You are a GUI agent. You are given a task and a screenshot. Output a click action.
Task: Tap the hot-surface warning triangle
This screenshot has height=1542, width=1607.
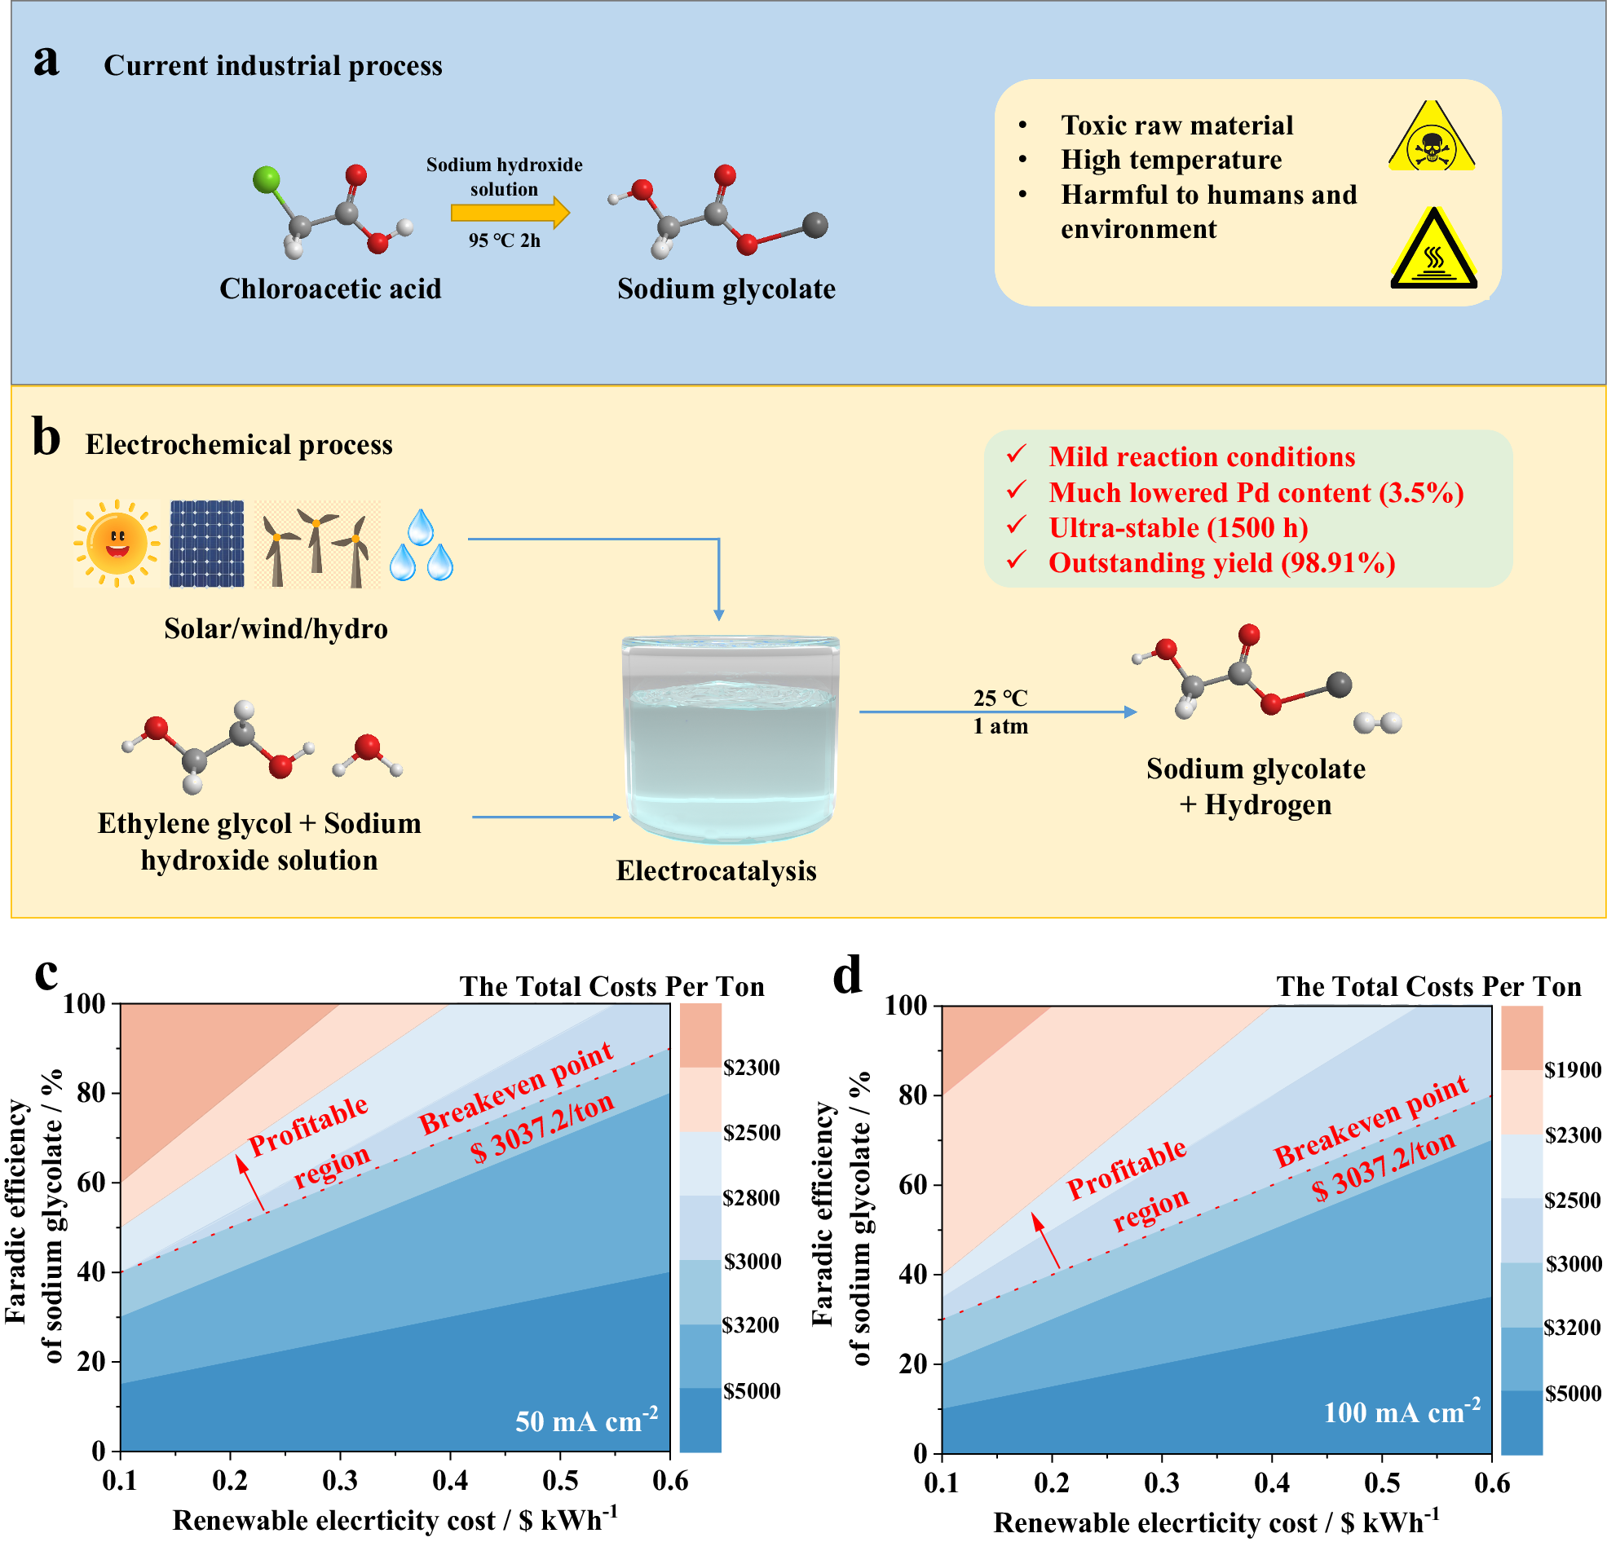(1433, 251)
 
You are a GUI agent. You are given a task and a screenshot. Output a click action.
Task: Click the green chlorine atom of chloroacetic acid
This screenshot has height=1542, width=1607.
(267, 179)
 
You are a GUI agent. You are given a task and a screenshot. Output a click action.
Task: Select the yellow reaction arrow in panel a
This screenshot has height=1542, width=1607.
(509, 214)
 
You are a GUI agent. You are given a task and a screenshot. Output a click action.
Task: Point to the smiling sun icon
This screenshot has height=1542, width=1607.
(117, 543)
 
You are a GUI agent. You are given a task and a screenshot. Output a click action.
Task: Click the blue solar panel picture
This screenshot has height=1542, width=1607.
(206, 543)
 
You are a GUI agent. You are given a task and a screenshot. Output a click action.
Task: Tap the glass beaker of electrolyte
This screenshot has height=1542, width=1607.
(730, 738)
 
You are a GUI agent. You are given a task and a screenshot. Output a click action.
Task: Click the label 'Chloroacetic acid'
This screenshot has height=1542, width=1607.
(330, 289)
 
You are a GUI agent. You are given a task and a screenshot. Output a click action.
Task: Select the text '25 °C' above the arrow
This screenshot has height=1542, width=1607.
(1000, 698)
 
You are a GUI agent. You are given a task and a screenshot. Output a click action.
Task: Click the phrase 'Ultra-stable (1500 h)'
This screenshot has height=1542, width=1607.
(1178, 527)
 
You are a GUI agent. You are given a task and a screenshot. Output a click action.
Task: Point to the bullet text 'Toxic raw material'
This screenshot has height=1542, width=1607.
(1177, 126)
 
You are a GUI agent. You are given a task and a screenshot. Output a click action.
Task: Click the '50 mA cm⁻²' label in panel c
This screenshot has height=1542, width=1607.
(586, 1420)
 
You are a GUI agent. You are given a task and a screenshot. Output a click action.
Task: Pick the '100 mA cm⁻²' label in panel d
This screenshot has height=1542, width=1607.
(1402, 1412)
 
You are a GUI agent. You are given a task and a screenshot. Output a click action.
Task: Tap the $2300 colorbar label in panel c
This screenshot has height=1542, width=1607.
(751, 1068)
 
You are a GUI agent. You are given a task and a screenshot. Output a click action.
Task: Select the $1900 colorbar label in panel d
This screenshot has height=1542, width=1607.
(1573, 1070)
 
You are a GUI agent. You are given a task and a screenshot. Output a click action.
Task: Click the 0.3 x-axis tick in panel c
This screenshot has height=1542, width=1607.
(340, 1481)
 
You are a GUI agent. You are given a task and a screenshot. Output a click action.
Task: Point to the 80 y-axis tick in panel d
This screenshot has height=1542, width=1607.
(912, 1095)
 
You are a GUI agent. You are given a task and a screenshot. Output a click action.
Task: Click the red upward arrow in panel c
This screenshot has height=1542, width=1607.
(251, 1182)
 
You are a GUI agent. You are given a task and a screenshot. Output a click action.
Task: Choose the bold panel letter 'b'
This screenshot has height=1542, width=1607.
(46, 438)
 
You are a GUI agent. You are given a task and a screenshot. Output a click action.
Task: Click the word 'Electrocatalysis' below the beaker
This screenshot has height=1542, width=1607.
(716, 870)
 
